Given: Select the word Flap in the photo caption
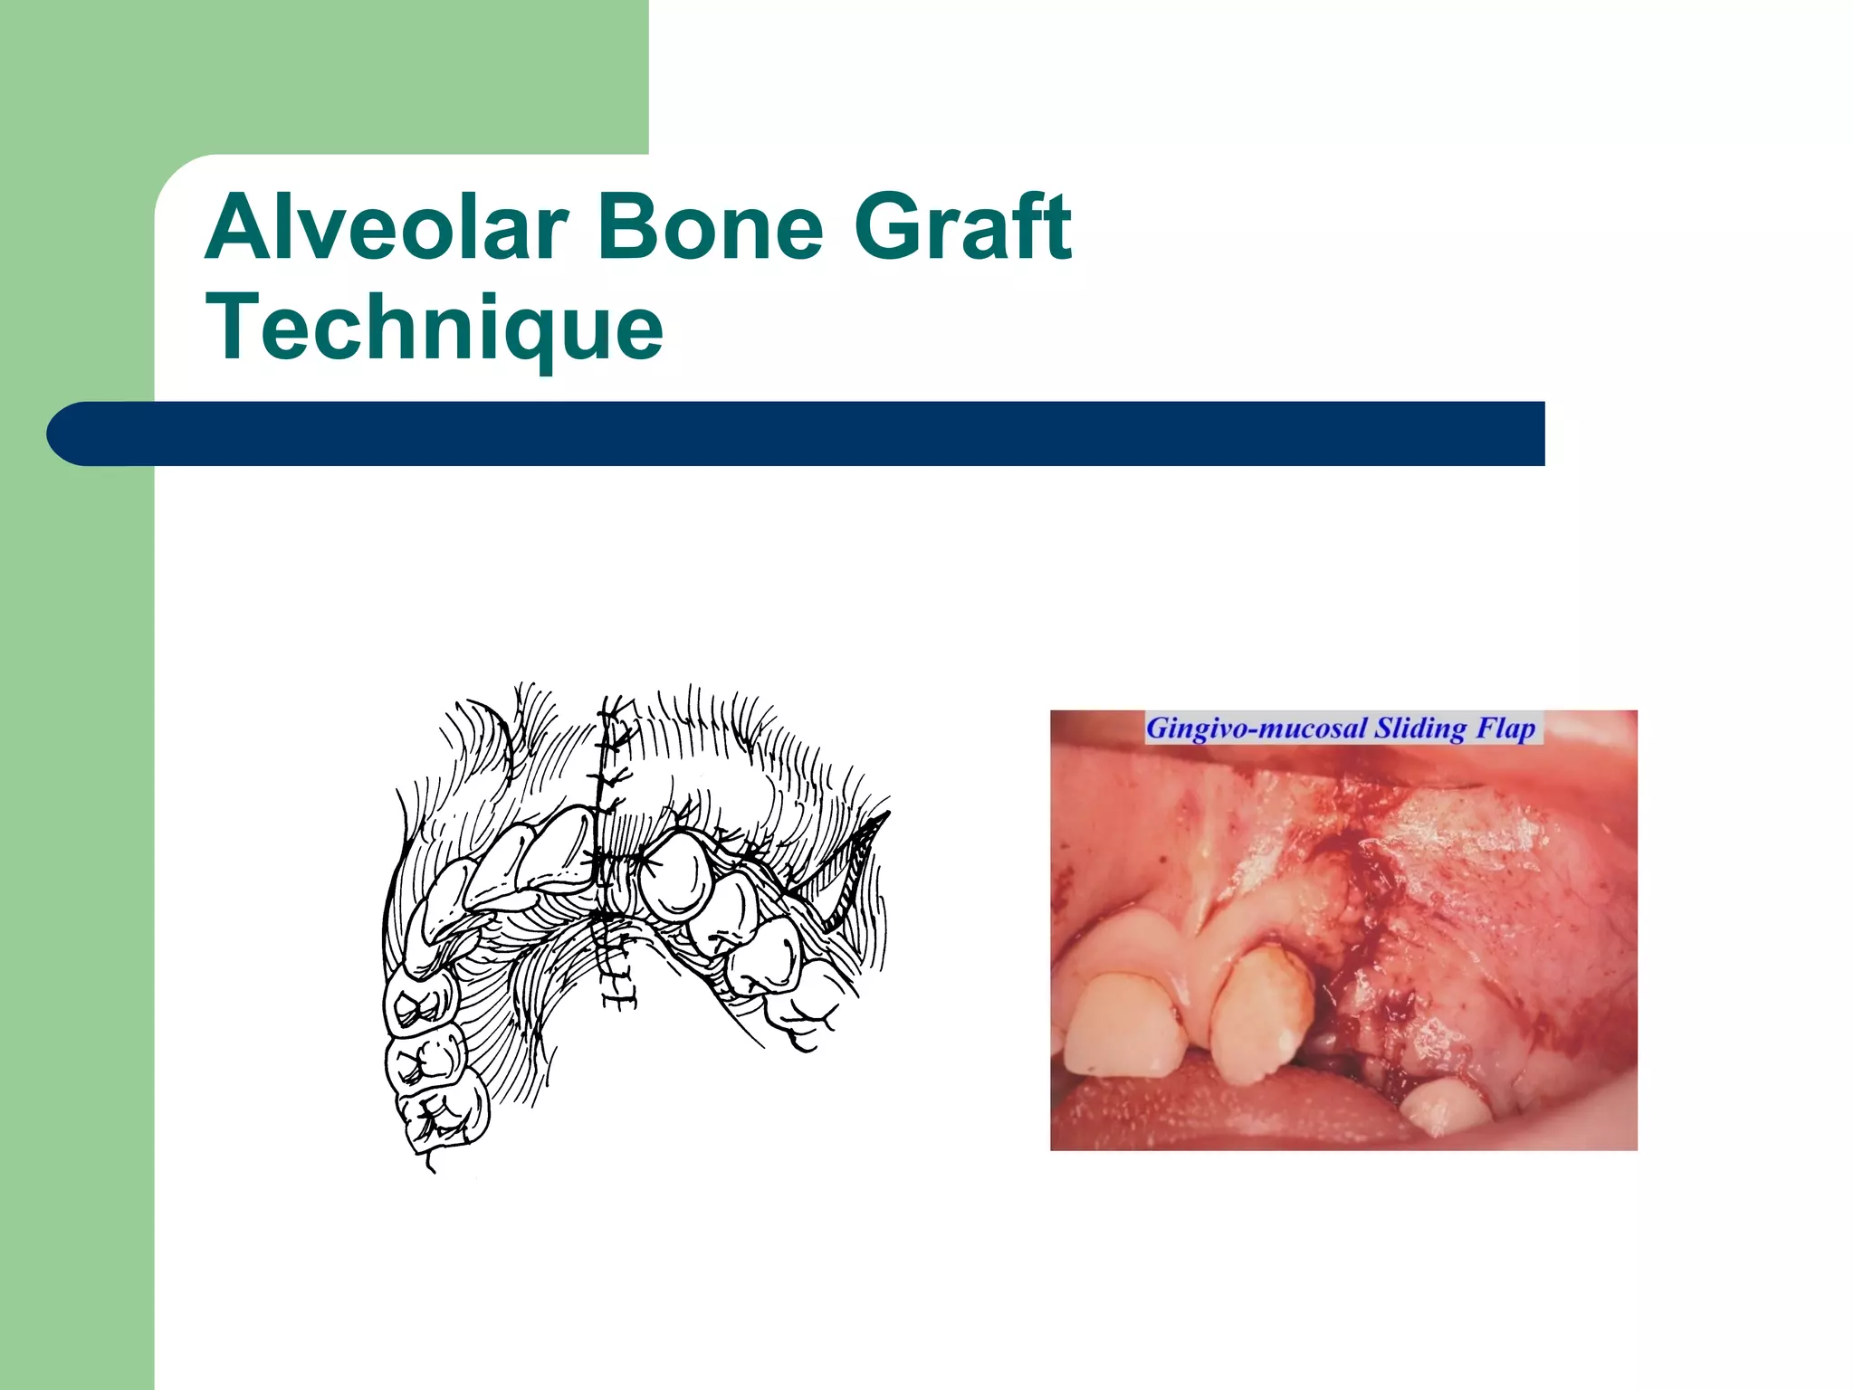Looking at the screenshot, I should (x=1506, y=728).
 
